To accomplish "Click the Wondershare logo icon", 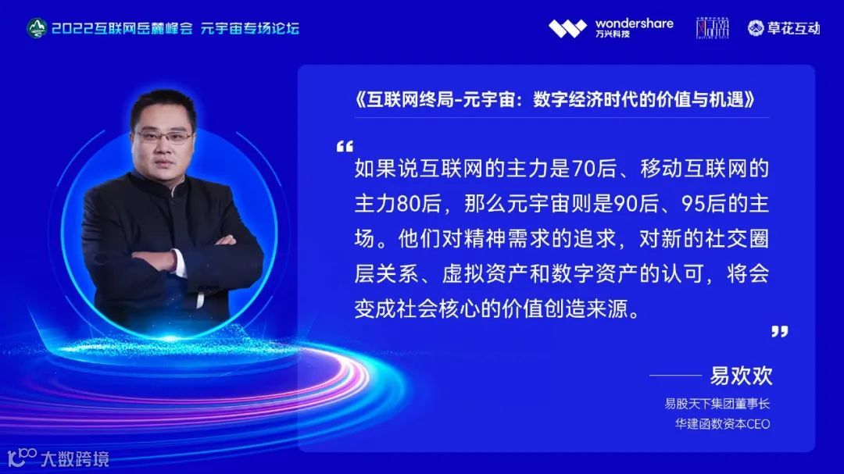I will point(567,29).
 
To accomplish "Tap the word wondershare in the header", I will point(634,23).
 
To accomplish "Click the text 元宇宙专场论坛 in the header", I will point(250,29).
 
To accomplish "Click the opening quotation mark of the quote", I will point(345,147).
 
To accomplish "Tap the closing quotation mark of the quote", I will point(779,331).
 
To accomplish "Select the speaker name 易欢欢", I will point(741,376).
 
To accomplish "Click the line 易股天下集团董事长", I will point(717,404).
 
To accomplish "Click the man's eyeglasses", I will point(163,137).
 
